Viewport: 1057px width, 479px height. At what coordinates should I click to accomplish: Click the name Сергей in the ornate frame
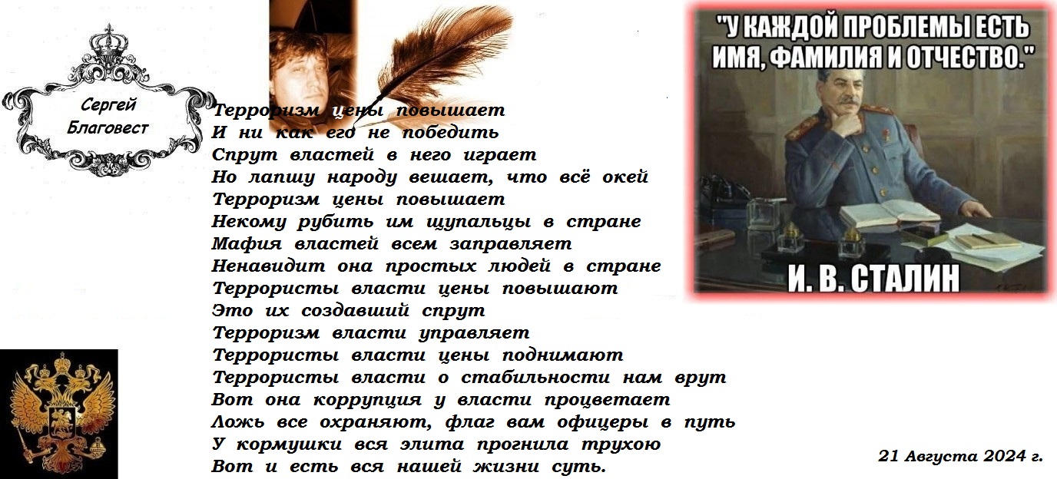(x=108, y=104)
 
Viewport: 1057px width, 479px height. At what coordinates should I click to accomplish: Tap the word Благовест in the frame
(x=108, y=127)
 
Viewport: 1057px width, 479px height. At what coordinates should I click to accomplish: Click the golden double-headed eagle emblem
(x=59, y=414)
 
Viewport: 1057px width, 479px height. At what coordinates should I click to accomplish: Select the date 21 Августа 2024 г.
(x=960, y=456)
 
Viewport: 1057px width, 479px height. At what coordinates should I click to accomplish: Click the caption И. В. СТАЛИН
(x=873, y=278)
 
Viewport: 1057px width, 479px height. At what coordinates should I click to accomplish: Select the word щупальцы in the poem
(x=479, y=223)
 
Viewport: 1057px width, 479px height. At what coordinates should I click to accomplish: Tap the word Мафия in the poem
(x=247, y=244)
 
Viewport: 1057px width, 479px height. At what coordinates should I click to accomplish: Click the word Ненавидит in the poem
(x=268, y=266)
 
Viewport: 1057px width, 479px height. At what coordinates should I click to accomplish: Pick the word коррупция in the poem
(x=368, y=400)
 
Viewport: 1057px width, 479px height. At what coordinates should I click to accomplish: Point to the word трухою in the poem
(x=620, y=444)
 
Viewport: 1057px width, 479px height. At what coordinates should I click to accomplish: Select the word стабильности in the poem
(x=535, y=377)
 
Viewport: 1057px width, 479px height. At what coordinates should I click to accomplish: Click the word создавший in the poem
(x=355, y=311)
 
